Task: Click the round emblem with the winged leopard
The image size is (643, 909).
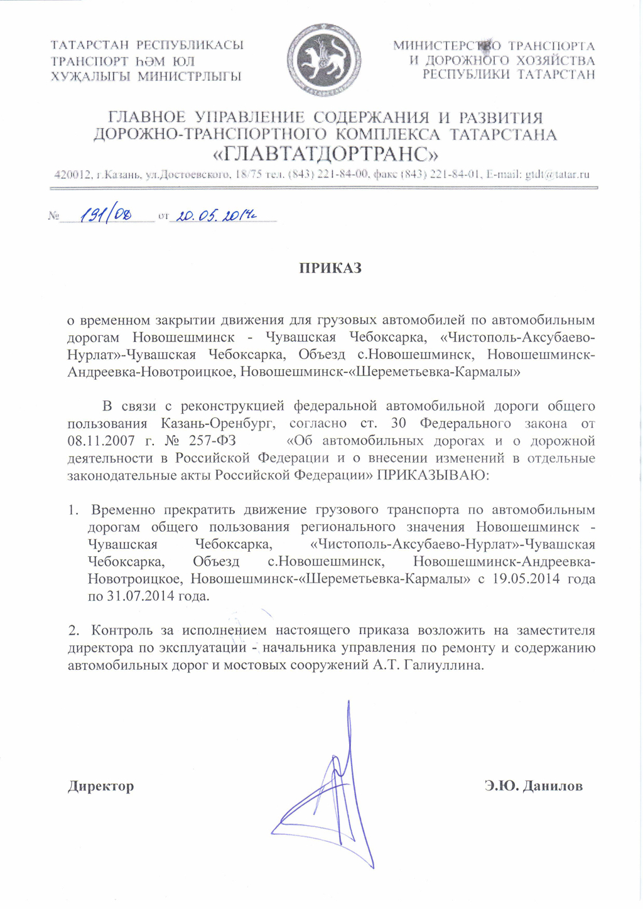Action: tap(323, 60)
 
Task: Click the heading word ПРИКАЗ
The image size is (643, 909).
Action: tap(330, 268)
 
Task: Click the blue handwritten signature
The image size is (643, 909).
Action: tap(333, 791)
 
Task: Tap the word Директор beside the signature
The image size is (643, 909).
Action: tap(101, 786)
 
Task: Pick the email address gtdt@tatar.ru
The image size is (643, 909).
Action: tap(557, 175)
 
